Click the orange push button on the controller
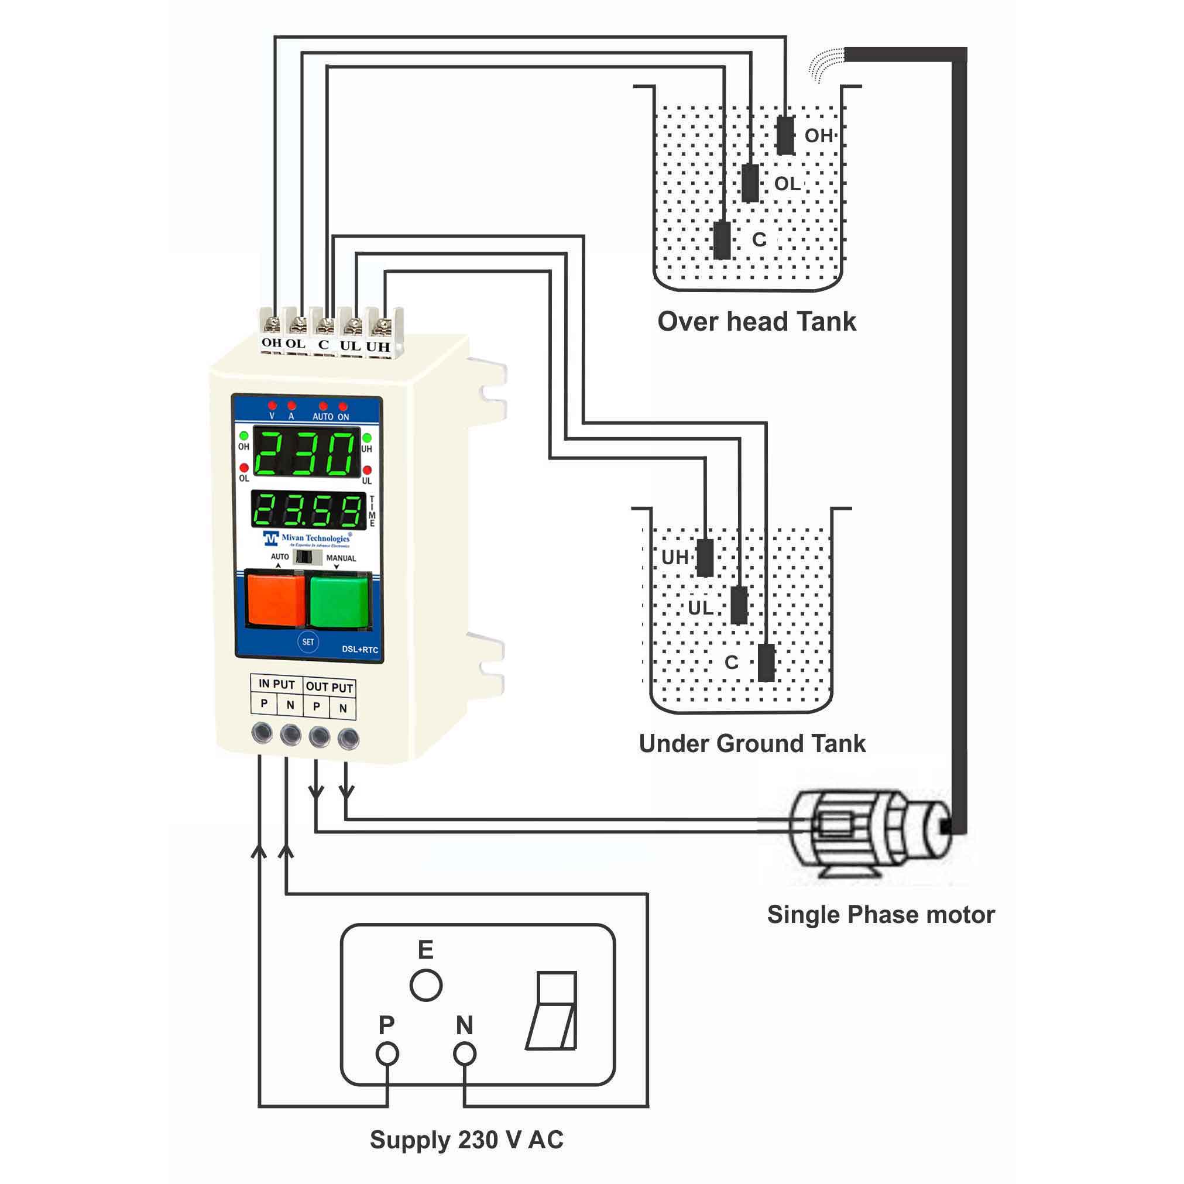[275, 599]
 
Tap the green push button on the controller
[339, 600]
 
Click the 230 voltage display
[307, 454]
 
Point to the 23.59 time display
[308, 510]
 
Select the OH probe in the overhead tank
[785, 135]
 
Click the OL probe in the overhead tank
[750, 183]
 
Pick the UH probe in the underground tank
[705, 558]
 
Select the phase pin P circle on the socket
[387, 1054]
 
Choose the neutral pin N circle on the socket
[465, 1054]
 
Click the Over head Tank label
[756, 322]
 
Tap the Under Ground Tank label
[752, 743]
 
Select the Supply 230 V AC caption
[466, 1140]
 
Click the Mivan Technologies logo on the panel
[308, 538]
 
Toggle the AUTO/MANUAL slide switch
[308, 557]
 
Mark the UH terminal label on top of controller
[378, 346]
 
